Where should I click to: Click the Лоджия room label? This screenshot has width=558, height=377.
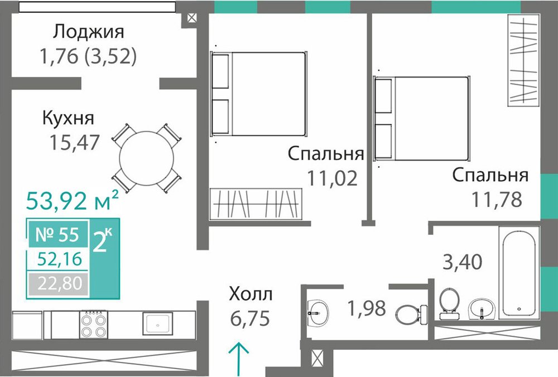[89, 32]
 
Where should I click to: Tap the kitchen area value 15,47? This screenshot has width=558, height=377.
[74, 143]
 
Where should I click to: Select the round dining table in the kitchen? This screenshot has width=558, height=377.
[147, 158]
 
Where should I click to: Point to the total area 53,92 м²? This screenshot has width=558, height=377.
[72, 200]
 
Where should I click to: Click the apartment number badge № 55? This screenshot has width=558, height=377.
[57, 234]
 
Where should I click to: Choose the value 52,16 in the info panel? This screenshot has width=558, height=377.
[60, 259]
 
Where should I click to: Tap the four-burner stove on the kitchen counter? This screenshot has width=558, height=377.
[94, 324]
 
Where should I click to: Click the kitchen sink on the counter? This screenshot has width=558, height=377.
[158, 323]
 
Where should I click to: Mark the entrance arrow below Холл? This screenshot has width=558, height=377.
[238, 359]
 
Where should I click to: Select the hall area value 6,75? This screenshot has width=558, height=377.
[250, 318]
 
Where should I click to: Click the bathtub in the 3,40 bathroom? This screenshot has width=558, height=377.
[519, 273]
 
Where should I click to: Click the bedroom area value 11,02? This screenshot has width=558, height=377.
[332, 178]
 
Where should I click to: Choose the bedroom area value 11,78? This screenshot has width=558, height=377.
[497, 199]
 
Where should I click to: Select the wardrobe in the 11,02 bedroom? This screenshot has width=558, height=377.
[256, 204]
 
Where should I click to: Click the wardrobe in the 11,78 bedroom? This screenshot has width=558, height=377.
[523, 60]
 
